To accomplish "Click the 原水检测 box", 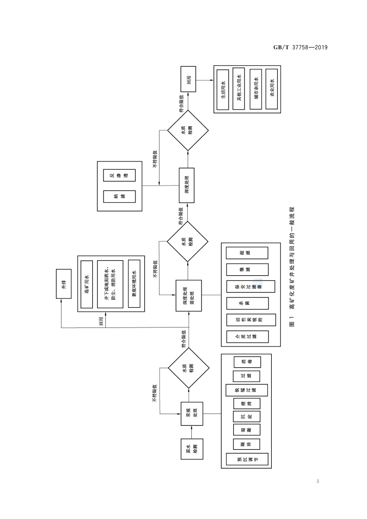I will coord(189,449).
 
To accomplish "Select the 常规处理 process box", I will coord(189,413).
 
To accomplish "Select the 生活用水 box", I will coord(223,89).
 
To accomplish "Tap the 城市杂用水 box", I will coord(256,89).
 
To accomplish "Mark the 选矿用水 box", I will coord(86,284).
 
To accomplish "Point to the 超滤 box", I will coord(247,253).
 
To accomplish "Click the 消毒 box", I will coord(247,362).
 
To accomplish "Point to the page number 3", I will coord(318,482).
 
